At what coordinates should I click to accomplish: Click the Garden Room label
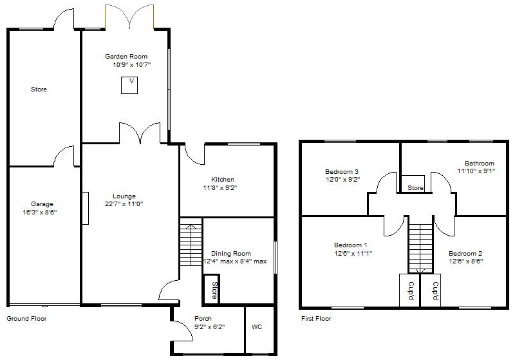(126, 57)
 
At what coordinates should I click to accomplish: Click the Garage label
(42, 204)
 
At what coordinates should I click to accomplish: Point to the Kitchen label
(223, 180)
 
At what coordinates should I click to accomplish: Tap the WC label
(257, 327)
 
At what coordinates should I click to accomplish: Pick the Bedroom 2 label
(465, 253)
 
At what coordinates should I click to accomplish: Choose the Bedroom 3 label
(342, 171)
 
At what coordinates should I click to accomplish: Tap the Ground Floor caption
(26, 319)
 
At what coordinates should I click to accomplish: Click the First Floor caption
(316, 319)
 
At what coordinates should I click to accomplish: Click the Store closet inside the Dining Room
(212, 289)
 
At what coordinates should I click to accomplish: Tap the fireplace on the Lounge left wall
(85, 208)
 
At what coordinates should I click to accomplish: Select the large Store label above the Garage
(39, 90)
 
